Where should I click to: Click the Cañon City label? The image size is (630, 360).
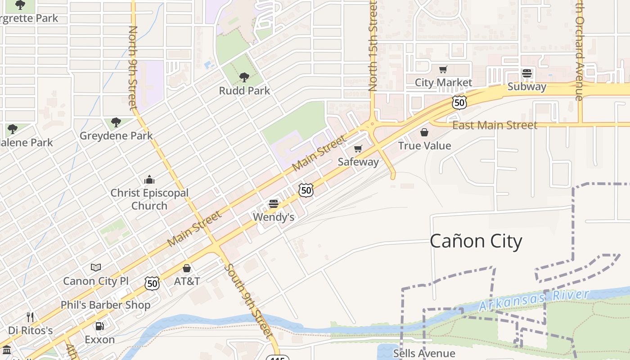point(476,241)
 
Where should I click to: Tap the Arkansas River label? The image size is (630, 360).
point(534,301)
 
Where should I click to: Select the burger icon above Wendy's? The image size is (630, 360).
point(273,204)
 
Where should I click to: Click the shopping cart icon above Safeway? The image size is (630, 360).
point(358,148)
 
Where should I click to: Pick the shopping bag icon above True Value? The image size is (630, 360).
point(424,132)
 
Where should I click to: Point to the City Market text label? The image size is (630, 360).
point(443,82)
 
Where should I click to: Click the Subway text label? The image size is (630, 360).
point(526,86)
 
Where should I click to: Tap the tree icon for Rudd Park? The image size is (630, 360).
point(244,77)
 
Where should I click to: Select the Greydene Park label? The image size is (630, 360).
point(116,135)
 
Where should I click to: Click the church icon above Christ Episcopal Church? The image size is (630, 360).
point(149,180)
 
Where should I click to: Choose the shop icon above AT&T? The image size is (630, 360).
point(187,268)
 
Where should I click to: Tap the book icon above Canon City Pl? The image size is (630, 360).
point(96,268)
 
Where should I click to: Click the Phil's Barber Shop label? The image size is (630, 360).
point(105,305)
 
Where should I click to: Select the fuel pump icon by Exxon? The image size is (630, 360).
point(99,326)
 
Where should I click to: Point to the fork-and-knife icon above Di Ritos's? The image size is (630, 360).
point(30,317)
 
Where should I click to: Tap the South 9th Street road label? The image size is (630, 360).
point(249,301)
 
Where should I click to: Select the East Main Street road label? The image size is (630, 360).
point(495,125)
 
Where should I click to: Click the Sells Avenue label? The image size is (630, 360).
point(424,353)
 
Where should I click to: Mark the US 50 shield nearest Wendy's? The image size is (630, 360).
point(306,190)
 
